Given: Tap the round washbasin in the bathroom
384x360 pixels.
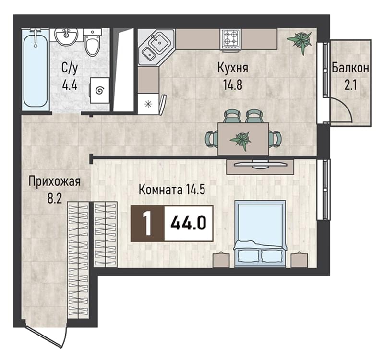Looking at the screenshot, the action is (x=66, y=36).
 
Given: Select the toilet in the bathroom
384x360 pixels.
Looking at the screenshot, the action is (x=92, y=42).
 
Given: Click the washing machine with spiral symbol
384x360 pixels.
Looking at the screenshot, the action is (x=99, y=91).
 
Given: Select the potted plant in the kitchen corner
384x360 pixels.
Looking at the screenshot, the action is (x=300, y=41).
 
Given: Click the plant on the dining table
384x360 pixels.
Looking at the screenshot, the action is (x=240, y=140).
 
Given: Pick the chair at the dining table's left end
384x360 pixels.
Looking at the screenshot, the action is (x=212, y=139).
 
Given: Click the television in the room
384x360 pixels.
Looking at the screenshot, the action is (x=260, y=164).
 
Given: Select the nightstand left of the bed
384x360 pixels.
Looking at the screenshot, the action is (x=221, y=259).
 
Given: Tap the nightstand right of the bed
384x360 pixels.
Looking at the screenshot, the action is (x=299, y=259).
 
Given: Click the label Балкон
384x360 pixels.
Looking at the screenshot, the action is (x=350, y=68).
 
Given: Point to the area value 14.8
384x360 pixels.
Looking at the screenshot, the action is (x=232, y=85).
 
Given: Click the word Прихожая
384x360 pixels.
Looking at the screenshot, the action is (x=54, y=182).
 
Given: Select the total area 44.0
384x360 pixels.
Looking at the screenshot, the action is (x=188, y=223).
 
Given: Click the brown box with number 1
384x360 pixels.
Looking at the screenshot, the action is (x=147, y=224).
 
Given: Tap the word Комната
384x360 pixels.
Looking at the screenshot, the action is (x=161, y=190).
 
